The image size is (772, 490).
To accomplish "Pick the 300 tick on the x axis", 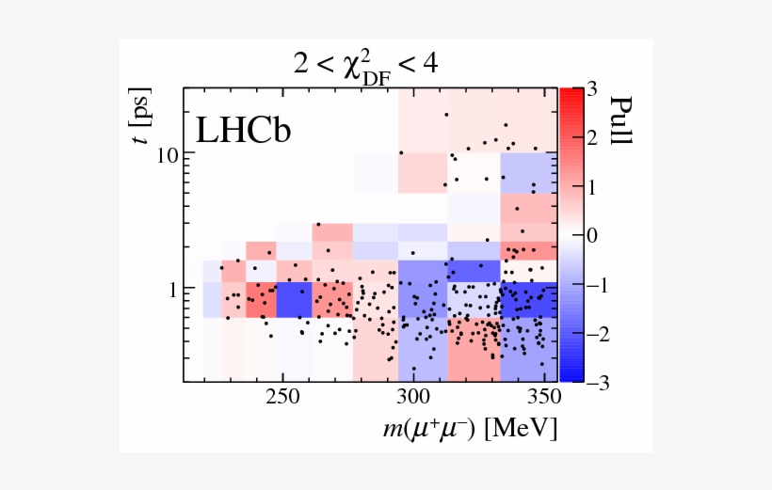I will [413, 397].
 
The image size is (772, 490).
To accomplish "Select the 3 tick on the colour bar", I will [591, 89].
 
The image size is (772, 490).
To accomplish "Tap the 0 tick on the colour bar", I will [591, 235].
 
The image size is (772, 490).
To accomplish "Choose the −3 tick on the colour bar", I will [586, 381].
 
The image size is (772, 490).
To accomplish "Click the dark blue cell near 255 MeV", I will [295, 300].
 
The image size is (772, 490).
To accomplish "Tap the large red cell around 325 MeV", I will [474, 348].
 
